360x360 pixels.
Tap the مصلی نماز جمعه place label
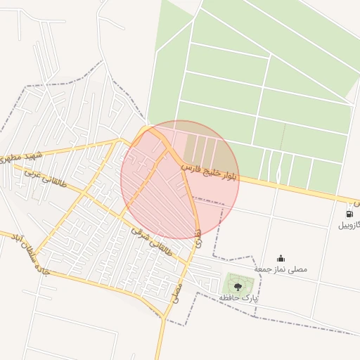pos(281,269)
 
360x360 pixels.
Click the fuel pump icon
pos(349,214)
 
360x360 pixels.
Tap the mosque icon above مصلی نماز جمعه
pos(281,258)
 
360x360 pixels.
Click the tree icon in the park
pos(237,286)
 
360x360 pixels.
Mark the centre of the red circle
pos(180,180)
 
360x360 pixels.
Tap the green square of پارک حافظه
pos(237,284)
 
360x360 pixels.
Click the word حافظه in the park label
pos(229,299)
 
